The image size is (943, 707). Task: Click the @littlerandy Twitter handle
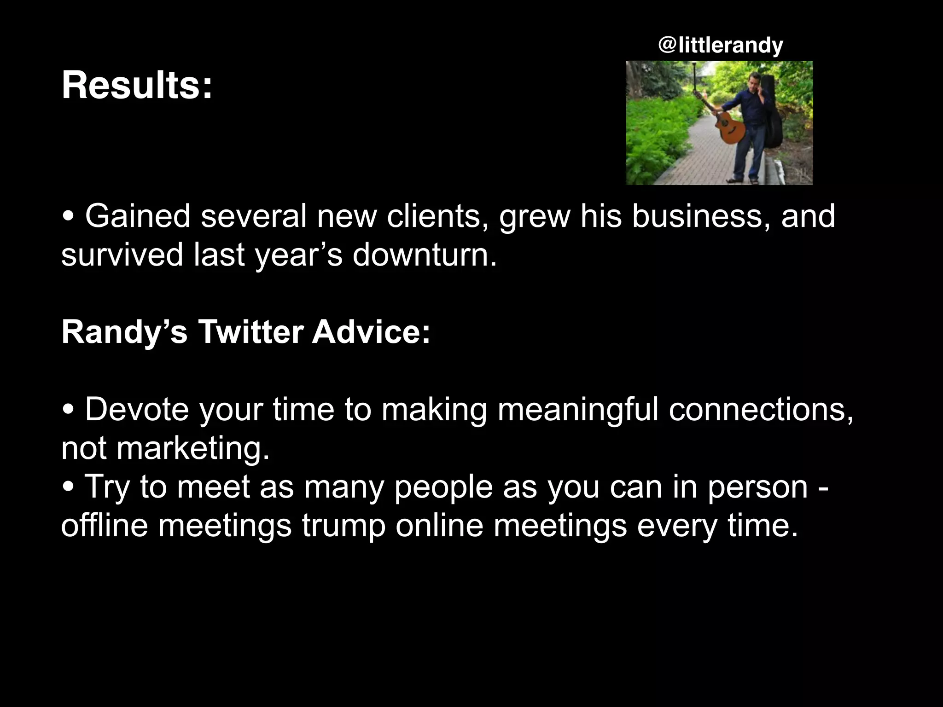[721, 46]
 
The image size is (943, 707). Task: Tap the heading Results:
[137, 86]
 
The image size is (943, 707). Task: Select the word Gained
[137, 216]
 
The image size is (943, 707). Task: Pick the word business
[700, 216]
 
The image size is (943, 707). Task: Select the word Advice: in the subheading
[371, 332]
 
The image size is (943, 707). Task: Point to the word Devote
[137, 409]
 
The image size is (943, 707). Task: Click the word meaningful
[578, 409]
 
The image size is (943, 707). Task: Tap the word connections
[761, 409]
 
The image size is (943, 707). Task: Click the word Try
[107, 487]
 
